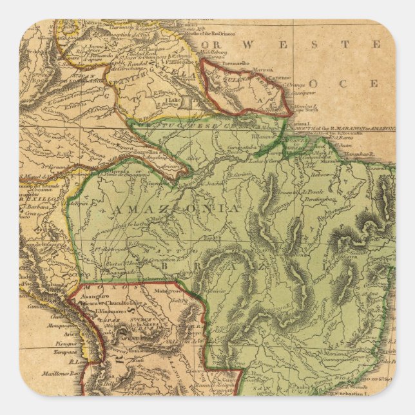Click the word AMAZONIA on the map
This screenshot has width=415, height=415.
pos(175,209)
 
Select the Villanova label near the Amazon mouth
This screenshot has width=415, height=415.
pos(266,137)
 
